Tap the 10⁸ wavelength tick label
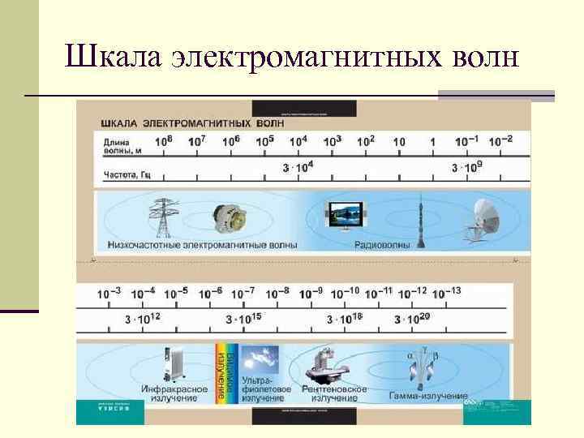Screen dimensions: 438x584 (163, 140)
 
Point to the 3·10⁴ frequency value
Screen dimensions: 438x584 (298, 168)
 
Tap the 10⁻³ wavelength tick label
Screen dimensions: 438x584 (109, 293)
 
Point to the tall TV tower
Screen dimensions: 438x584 (423, 215)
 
